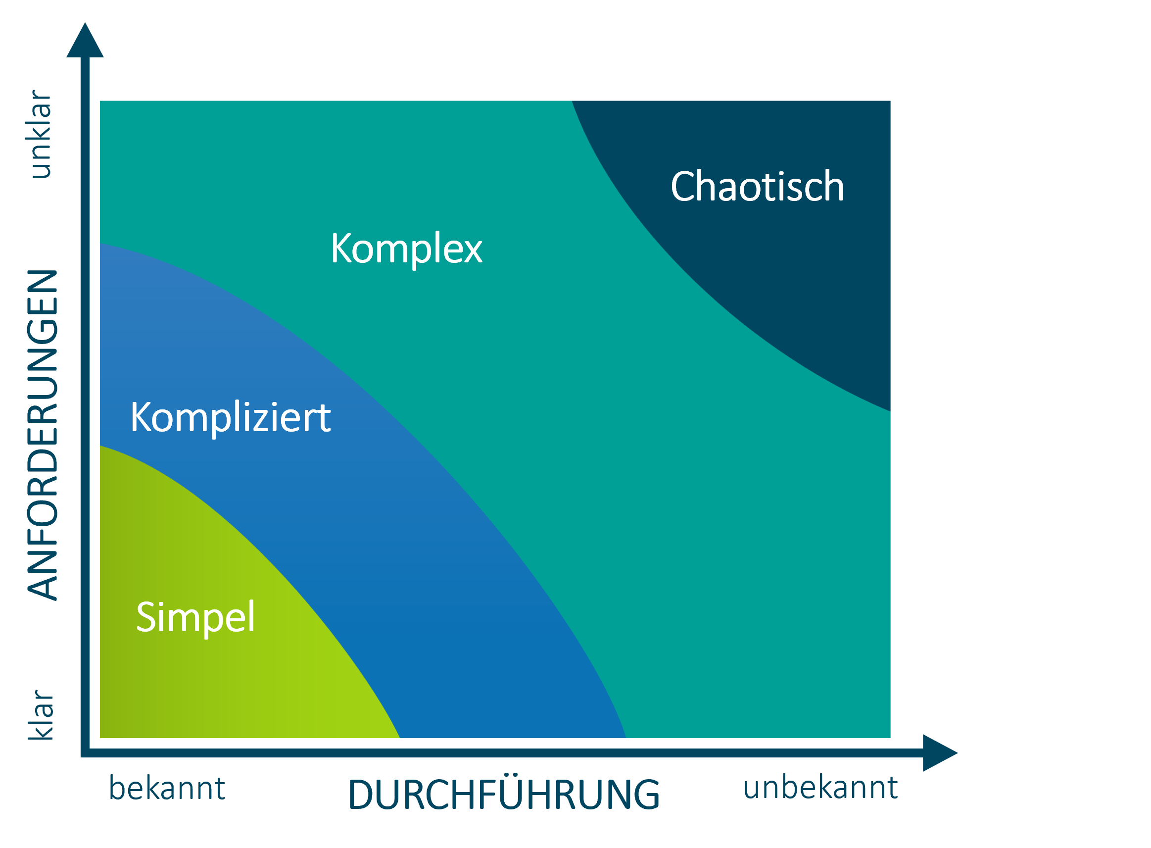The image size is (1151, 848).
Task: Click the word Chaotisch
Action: click(x=757, y=186)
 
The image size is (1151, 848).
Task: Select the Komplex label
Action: click(x=406, y=249)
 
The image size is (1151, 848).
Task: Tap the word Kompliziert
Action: click(x=231, y=417)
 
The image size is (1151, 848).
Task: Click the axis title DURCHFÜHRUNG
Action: click(x=503, y=795)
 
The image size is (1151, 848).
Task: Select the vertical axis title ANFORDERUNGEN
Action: click(x=43, y=435)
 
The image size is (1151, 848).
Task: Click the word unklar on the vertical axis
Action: click(x=41, y=135)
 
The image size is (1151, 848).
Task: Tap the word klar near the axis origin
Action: click(x=41, y=714)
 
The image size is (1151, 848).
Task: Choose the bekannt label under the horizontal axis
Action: click(x=167, y=789)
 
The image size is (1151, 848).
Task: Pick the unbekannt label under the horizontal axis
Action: click(x=820, y=788)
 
